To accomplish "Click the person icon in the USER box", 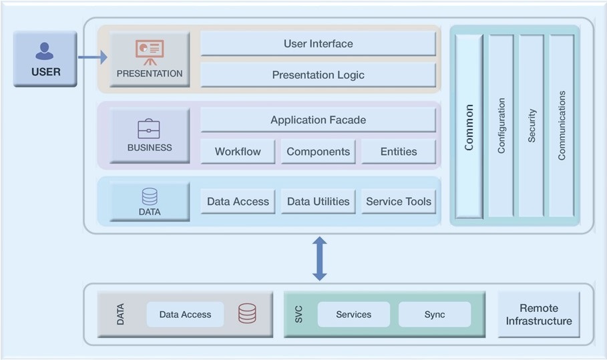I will coord(45,51).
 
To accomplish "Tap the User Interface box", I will coord(318,43).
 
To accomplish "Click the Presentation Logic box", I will coord(318,75).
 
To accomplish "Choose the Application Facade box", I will coord(318,120).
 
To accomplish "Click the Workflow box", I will coord(238,152).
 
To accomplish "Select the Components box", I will coord(318,152).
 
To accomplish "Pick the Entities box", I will coord(399,152).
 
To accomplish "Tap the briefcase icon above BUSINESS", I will coord(149,129).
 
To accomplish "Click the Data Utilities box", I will coord(318,201).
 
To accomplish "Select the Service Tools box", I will coord(399,201).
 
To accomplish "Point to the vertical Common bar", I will coord(469,126).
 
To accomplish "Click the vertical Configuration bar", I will coord(501,126).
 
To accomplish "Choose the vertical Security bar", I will coord(532,126).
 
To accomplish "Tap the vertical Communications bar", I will coord(562,126).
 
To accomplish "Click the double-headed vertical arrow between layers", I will coord(319,258).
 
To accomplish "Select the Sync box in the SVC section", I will coord(435,315).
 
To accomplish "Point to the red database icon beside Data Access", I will coord(247,314).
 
